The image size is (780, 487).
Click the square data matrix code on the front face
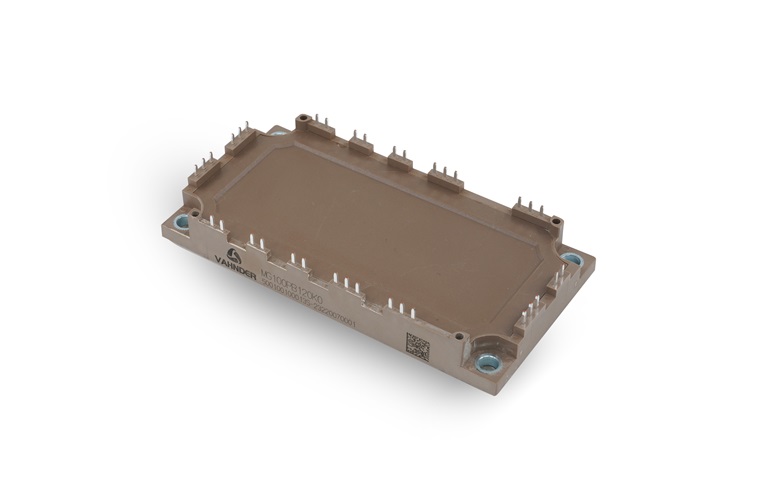pyautogui.click(x=418, y=346)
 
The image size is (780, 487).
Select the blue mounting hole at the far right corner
pyautogui.click(x=571, y=259)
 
